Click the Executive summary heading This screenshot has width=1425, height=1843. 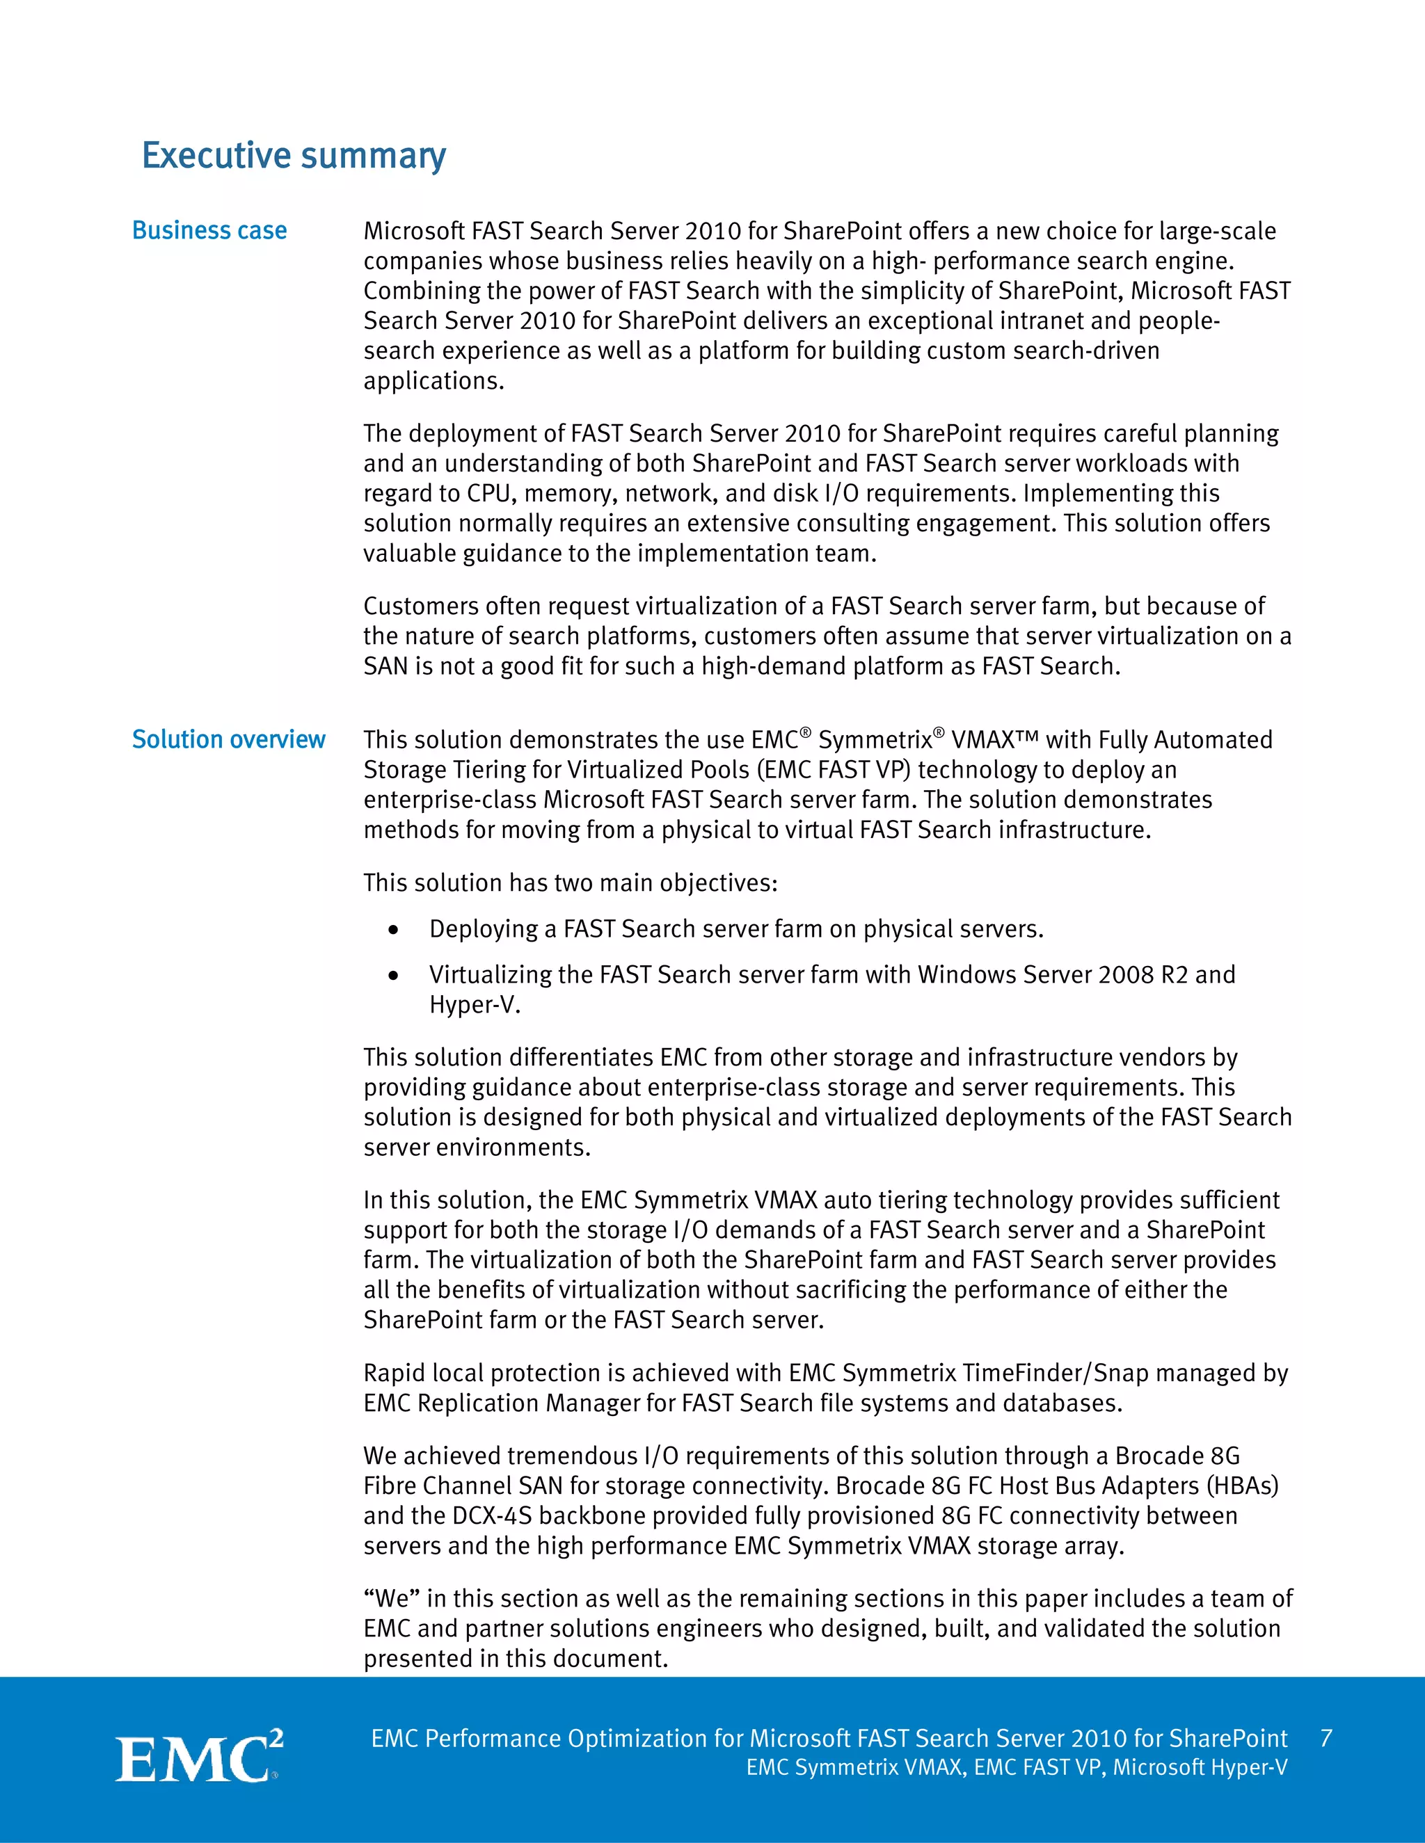pyautogui.click(x=293, y=156)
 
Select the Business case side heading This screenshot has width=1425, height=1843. pyautogui.click(x=209, y=230)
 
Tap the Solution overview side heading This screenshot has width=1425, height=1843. pyautogui.click(x=228, y=739)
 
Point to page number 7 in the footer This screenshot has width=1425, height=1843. pyautogui.click(x=1326, y=1739)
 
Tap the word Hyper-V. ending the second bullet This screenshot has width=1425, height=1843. pyautogui.click(x=475, y=1005)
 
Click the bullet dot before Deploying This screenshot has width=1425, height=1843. pyautogui.click(x=393, y=930)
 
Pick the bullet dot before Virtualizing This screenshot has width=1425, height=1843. pyautogui.click(x=393, y=976)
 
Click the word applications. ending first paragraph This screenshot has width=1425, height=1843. pyautogui.click(x=433, y=380)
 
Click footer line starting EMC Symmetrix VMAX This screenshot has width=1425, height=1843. pyautogui.click(x=1017, y=1767)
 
